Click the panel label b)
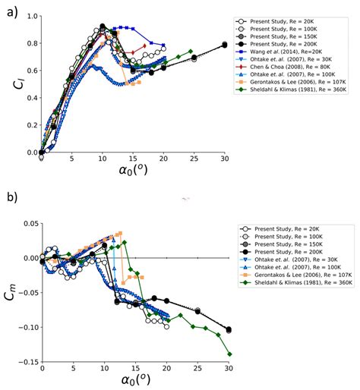coord(11,200)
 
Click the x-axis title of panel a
coord(132,184)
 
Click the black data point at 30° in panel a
coord(225,45)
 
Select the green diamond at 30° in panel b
coord(229,354)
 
